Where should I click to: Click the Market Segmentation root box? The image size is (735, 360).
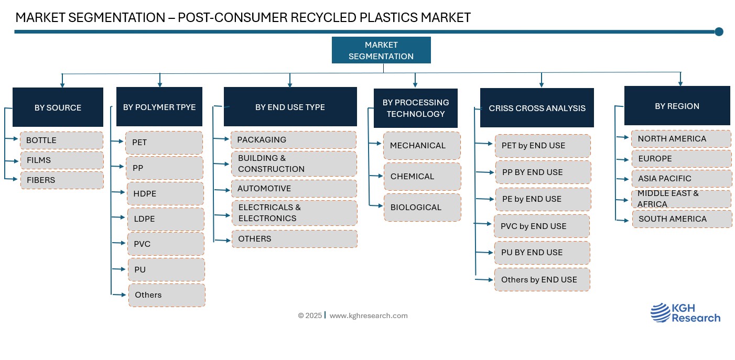[x=381, y=50]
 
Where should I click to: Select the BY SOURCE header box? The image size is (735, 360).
[x=58, y=107]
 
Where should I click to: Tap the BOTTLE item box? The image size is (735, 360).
[x=62, y=140]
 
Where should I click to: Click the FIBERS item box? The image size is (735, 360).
[x=62, y=180]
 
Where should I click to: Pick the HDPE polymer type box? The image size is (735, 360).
[x=165, y=193]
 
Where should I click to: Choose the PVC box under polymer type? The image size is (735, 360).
[x=166, y=244]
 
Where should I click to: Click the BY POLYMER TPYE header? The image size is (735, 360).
[x=159, y=106]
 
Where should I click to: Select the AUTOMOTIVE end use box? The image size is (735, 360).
[x=294, y=189]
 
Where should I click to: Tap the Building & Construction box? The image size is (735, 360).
[x=294, y=163]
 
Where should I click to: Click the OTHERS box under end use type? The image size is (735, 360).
[x=295, y=238]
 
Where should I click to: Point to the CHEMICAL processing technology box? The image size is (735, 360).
[x=423, y=177]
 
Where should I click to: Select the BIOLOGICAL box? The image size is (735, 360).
[x=423, y=207]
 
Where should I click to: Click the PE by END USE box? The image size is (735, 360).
[x=543, y=199]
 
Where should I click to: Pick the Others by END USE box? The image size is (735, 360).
[x=542, y=280]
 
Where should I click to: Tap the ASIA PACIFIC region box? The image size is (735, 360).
[x=682, y=178]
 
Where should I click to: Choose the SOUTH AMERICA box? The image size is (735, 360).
[x=682, y=219]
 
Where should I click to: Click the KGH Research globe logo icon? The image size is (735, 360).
[x=661, y=312]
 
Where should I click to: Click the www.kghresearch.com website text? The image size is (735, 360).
[x=369, y=315]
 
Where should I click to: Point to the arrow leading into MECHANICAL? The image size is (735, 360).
[x=375, y=143]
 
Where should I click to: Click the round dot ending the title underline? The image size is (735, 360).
[x=719, y=31]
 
